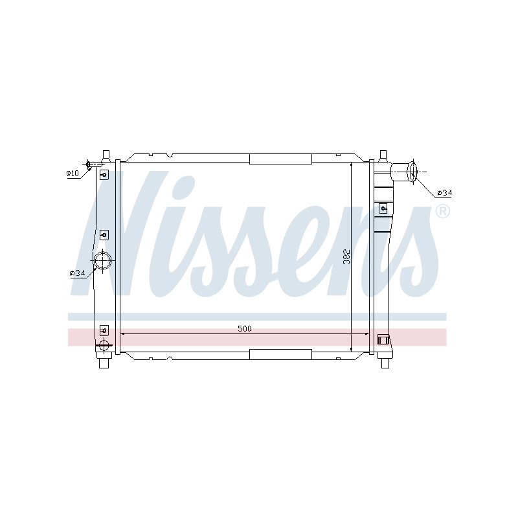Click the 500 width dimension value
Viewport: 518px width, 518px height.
(245, 329)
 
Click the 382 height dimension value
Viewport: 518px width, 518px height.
(346, 256)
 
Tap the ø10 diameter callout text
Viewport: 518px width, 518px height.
(73, 173)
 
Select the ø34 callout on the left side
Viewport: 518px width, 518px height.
(78, 273)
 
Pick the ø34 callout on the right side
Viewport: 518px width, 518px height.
(444, 192)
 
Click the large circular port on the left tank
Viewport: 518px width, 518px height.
(103, 260)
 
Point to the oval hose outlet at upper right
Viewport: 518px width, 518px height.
(412, 172)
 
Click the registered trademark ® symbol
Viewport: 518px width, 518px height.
(443, 212)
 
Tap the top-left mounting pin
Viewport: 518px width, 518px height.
(106, 155)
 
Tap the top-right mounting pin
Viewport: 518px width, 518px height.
(383, 155)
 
